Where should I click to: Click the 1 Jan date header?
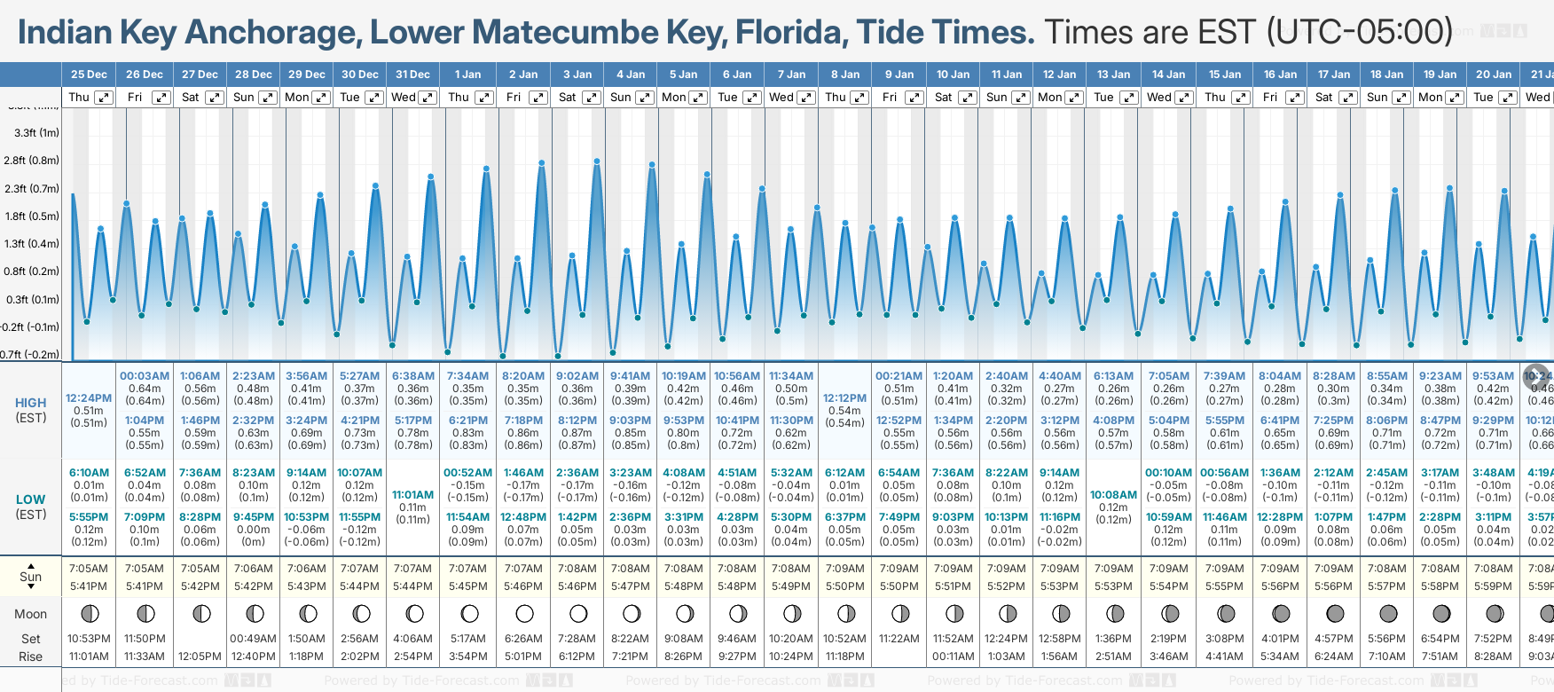pyautogui.click(x=467, y=75)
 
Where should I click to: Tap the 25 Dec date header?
pyautogui.click(x=89, y=75)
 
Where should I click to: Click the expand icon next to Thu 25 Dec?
pyautogui.click(x=104, y=98)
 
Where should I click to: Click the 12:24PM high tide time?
pyautogui.click(x=89, y=398)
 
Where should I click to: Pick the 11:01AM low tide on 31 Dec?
pyautogui.click(x=412, y=495)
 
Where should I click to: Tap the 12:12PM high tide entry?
pyautogui.click(x=844, y=398)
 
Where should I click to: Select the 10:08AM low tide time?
pyautogui.click(x=1113, y=495)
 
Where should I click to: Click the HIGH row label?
pyautogui.click(x=31, y=403)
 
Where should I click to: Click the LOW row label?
pyautogui.click(x=31, y=499)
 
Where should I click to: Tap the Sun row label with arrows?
pyautogui.click(x=31, y=577)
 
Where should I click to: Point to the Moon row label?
pyautogui.click(x=31, y=614)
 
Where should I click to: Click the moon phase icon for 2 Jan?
pyautogui.click(x=524, y=613)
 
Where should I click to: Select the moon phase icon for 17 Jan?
pyautogui.click(x=1334, y=613)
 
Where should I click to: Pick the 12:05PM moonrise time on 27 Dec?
pyautogui.click(x=200, y=657)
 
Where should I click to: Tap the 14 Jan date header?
pyautogui.click(x=1169, y=75)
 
